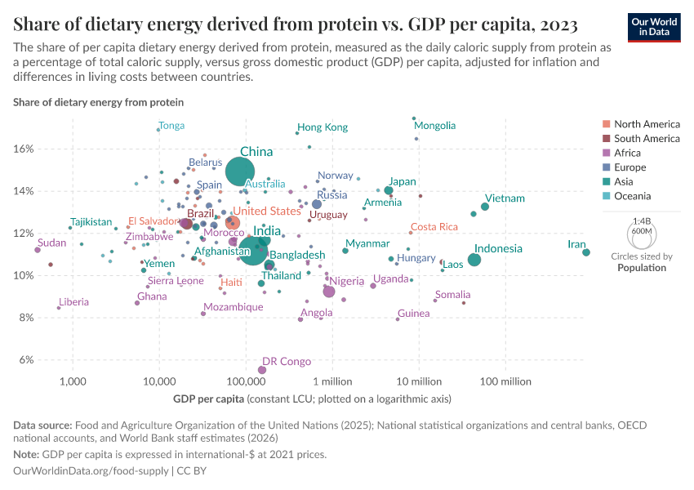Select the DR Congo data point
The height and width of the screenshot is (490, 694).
[262, 370]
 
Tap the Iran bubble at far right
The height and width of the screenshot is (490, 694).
[586, 252]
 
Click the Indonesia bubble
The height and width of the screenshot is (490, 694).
[474, 260]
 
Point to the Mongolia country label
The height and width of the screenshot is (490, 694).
[434, 126]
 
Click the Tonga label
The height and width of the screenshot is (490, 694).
[171, 126]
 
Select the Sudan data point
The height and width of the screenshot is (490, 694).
[38, 250]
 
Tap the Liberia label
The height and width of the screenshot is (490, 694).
[73, 302]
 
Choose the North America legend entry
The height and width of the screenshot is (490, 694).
[646, 124]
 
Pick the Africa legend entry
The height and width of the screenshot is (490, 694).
[629, 153]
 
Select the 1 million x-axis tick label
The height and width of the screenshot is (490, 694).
[331, 381]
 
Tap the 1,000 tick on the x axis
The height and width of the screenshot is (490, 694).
[73, 381]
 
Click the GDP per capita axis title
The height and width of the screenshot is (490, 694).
[209, 399]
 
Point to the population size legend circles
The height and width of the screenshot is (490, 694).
[642, 234]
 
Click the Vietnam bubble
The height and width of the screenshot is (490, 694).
[485, 207]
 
